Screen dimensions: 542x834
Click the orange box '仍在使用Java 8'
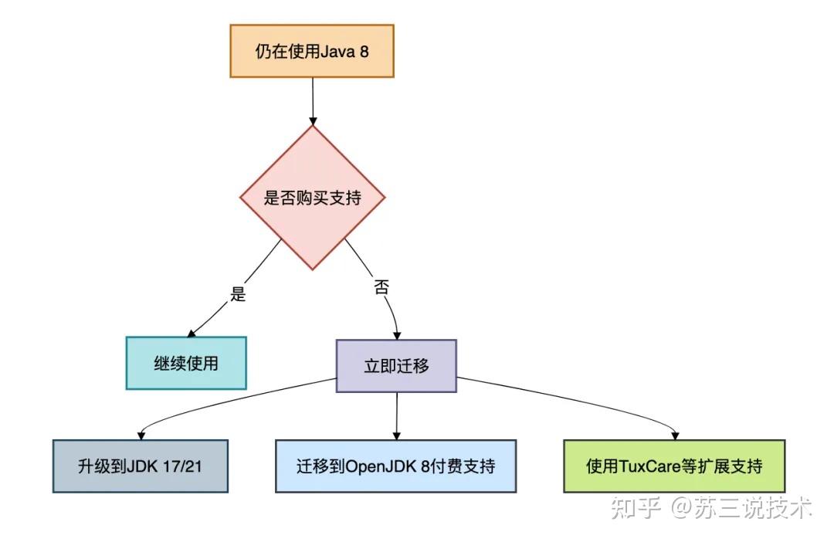pos(312,51)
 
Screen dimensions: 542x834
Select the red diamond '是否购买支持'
pos(312,198)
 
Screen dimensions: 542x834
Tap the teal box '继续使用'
pos(186,363)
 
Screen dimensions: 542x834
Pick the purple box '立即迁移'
pos(396,366)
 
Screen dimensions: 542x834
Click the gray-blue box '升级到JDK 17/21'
pos(141,466)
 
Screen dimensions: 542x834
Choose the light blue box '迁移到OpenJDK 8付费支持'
pos(395,466)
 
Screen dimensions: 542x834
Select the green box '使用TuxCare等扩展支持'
pos(674,466)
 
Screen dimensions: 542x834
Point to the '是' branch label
pos(239,293)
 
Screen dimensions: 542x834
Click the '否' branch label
pos(381,288)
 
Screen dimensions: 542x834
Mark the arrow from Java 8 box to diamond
pos(312,100)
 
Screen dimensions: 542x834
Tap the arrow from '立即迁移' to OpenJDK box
pos(396,415)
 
